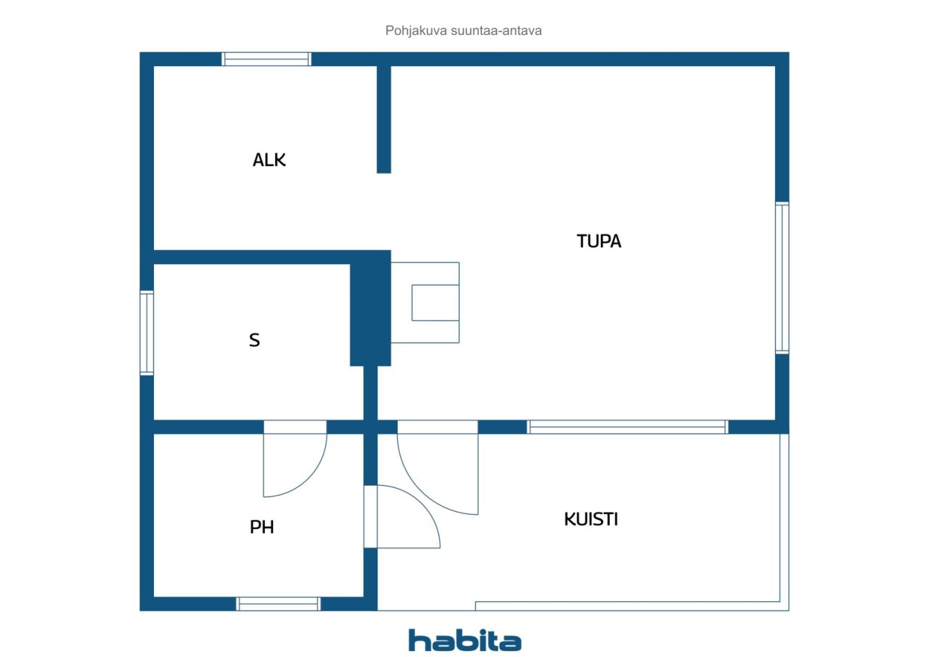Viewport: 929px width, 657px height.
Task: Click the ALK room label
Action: tap(269, 160)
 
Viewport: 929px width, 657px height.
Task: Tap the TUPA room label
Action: tap(599, 242)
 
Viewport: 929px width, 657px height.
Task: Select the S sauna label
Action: tap(255, 340)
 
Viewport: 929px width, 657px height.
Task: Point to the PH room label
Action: tap(262, 527)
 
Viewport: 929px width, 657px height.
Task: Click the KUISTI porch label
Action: tap(591, 519)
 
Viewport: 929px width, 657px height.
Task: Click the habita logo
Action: tap(465, 640)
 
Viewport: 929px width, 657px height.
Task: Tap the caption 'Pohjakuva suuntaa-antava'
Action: tap(463, 30)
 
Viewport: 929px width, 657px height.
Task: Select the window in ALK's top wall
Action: tap(266, 59)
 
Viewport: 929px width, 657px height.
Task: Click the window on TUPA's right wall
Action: tap(782, 278)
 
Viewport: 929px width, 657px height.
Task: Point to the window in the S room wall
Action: tap(147, 333)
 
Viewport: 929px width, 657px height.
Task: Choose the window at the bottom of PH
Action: tap(278, 604)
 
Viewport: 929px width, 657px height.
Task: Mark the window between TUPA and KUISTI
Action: tap(628, 427)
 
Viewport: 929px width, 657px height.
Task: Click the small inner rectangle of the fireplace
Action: tap(435, 303)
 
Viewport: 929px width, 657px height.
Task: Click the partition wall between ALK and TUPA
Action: tap(384, 120)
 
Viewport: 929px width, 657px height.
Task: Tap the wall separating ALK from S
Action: tap(252, 257)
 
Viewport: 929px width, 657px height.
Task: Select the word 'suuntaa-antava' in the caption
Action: tap(496, 30)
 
